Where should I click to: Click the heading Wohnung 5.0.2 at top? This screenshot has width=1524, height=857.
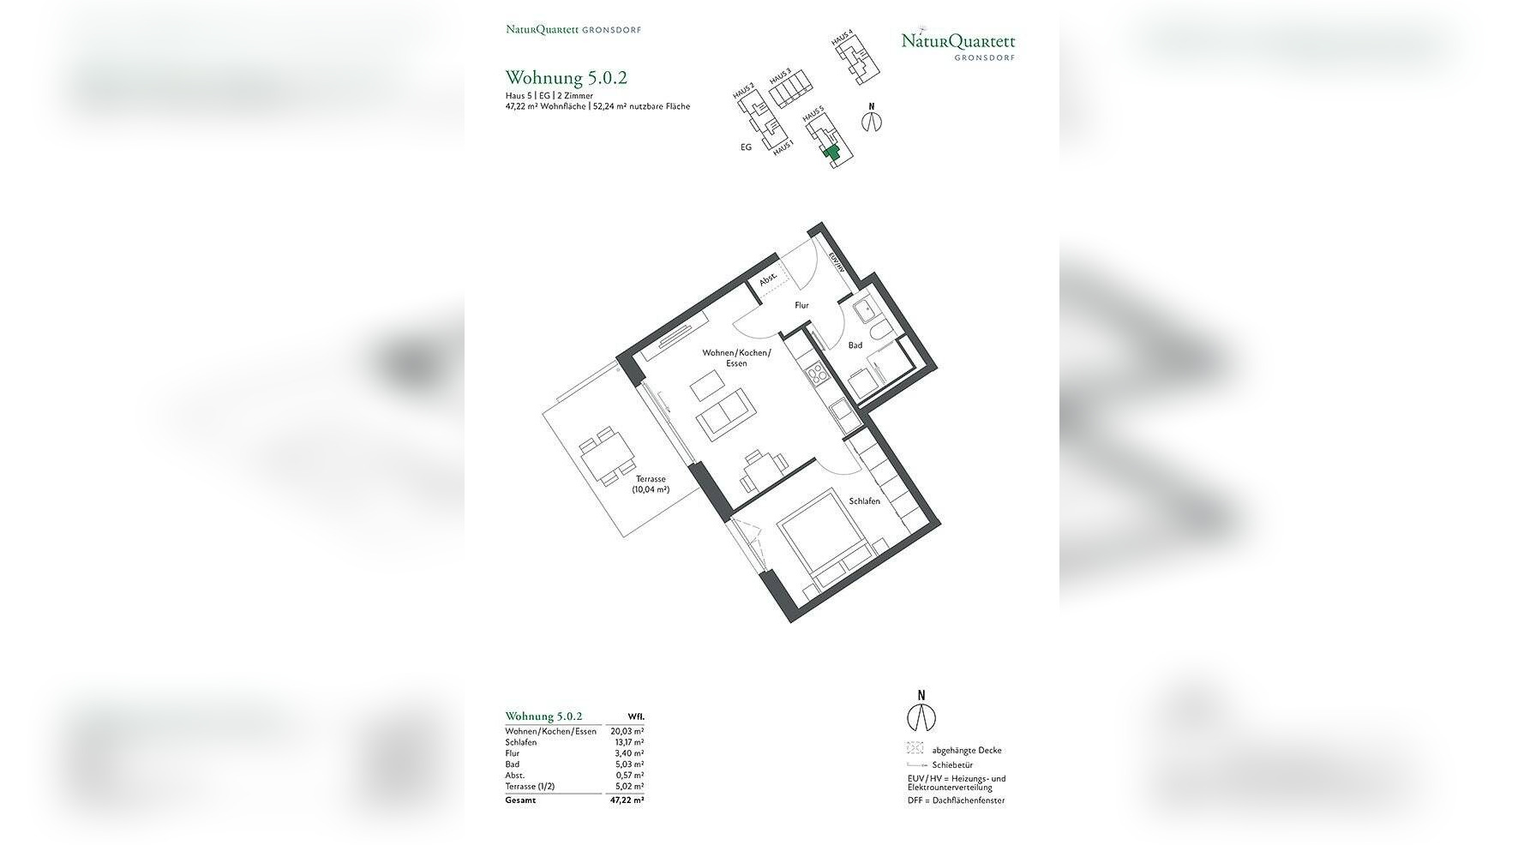pos(566,78)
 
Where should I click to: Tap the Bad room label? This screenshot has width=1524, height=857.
pos(855,345)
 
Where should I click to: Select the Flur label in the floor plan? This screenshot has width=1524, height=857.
pos(801,305)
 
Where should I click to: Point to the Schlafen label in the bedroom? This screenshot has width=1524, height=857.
pos(864,501)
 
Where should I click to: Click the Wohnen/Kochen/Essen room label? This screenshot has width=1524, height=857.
pos(736,357)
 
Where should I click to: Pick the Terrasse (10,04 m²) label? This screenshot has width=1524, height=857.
pos(651,484)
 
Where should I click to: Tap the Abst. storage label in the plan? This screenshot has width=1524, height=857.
pos(767,279)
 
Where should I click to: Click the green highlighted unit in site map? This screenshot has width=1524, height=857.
pos(830,153)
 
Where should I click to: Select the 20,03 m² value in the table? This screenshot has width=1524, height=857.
pos(627,731)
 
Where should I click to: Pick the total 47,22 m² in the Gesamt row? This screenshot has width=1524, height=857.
pos(627,800)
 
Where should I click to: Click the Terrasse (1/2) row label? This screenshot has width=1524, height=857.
pos(530,786)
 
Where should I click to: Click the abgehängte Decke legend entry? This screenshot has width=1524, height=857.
pos(966,750)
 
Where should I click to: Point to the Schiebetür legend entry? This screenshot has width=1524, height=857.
pos(951,764)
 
